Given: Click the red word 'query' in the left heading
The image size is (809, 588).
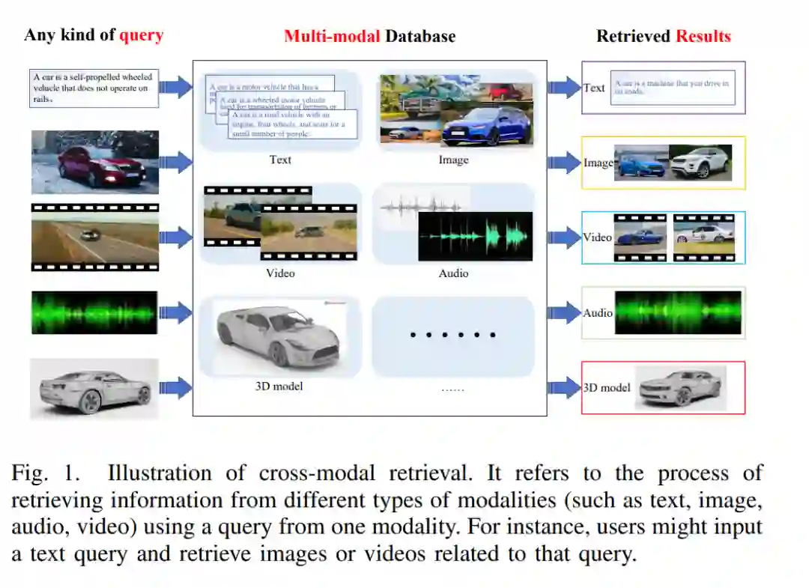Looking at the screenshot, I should [141, 35].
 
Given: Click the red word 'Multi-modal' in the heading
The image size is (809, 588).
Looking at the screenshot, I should [331, 36].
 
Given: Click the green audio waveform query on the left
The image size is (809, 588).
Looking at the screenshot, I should [94, 312].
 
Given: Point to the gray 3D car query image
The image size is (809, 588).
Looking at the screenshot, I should [94, 388].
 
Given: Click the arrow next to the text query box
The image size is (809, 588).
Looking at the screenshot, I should [175, 87].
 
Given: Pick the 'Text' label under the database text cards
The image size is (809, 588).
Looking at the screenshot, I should [280, 160].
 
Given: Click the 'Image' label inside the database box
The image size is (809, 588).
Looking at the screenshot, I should [453, 160].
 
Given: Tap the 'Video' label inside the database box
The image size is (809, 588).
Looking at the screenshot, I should [280, 273].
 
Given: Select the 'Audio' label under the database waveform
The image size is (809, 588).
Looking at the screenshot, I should [453, 273].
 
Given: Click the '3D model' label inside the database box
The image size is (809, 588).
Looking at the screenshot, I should [279, 387].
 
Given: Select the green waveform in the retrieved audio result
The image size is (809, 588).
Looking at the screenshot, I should [678, 313].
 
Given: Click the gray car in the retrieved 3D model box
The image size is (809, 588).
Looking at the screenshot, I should [680, 387].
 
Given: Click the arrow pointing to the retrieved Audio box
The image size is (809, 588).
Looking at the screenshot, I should [564, 313].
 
